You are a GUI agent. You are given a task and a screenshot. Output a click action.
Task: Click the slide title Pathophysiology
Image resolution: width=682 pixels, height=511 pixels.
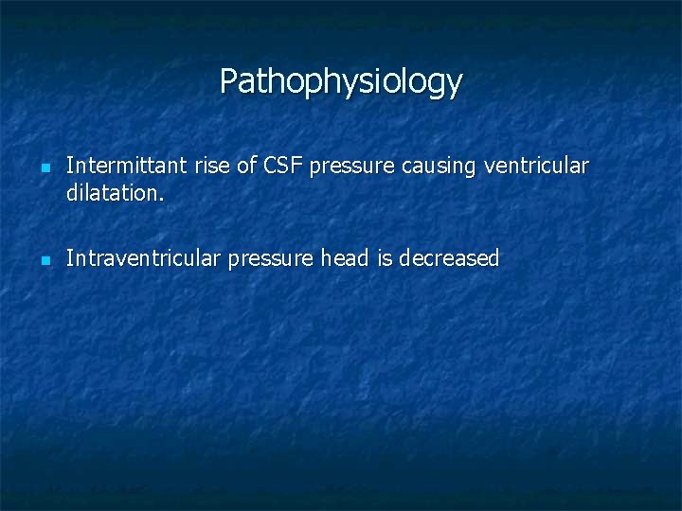341,81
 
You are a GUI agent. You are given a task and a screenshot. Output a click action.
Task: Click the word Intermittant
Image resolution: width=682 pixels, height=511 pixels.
127,167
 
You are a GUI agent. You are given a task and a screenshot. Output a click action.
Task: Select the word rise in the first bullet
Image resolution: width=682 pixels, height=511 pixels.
212,167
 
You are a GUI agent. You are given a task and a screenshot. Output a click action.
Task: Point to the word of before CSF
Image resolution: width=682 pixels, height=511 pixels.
246,167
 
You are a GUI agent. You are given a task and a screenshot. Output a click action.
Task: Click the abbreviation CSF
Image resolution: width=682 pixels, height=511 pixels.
283,167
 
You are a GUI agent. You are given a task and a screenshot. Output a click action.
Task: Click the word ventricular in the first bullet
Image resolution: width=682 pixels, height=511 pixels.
536,167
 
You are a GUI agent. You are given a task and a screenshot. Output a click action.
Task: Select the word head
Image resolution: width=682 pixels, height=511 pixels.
346,258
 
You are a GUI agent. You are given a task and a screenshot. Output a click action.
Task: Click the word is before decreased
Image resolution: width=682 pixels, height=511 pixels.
385,258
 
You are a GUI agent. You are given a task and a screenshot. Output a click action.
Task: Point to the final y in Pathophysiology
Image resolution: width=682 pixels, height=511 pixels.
454,86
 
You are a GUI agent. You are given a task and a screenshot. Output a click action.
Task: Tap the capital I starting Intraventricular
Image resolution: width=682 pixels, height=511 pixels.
69,258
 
